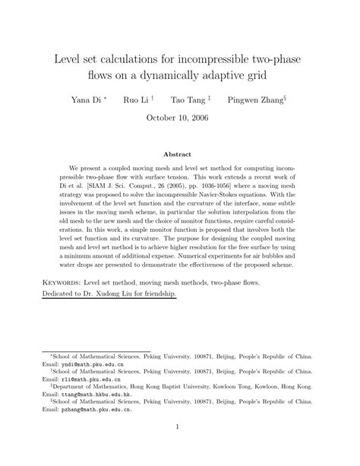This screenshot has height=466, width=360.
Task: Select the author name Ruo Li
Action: [136, 100]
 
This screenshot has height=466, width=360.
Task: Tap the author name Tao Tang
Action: [191, 100]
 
